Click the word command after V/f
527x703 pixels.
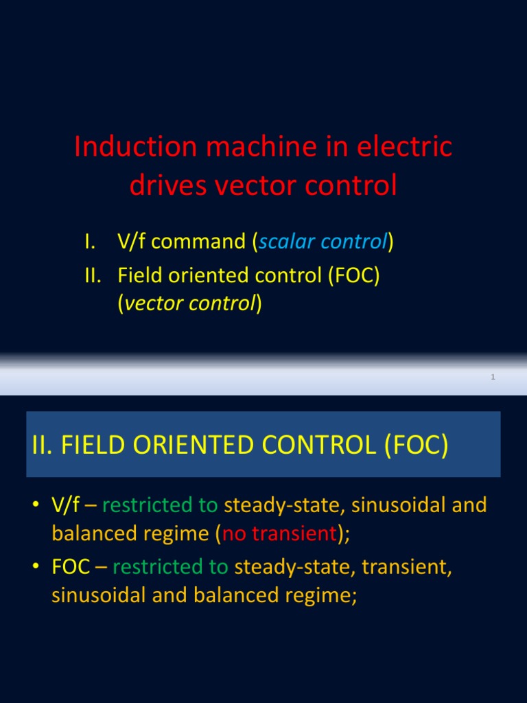point(201,242)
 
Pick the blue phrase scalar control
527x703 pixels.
point(323,242)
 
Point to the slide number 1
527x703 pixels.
point(493,377)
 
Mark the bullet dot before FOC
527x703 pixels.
point(35,568)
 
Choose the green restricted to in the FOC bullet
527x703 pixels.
point(171,568)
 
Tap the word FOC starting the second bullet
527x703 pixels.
point(69,568)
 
